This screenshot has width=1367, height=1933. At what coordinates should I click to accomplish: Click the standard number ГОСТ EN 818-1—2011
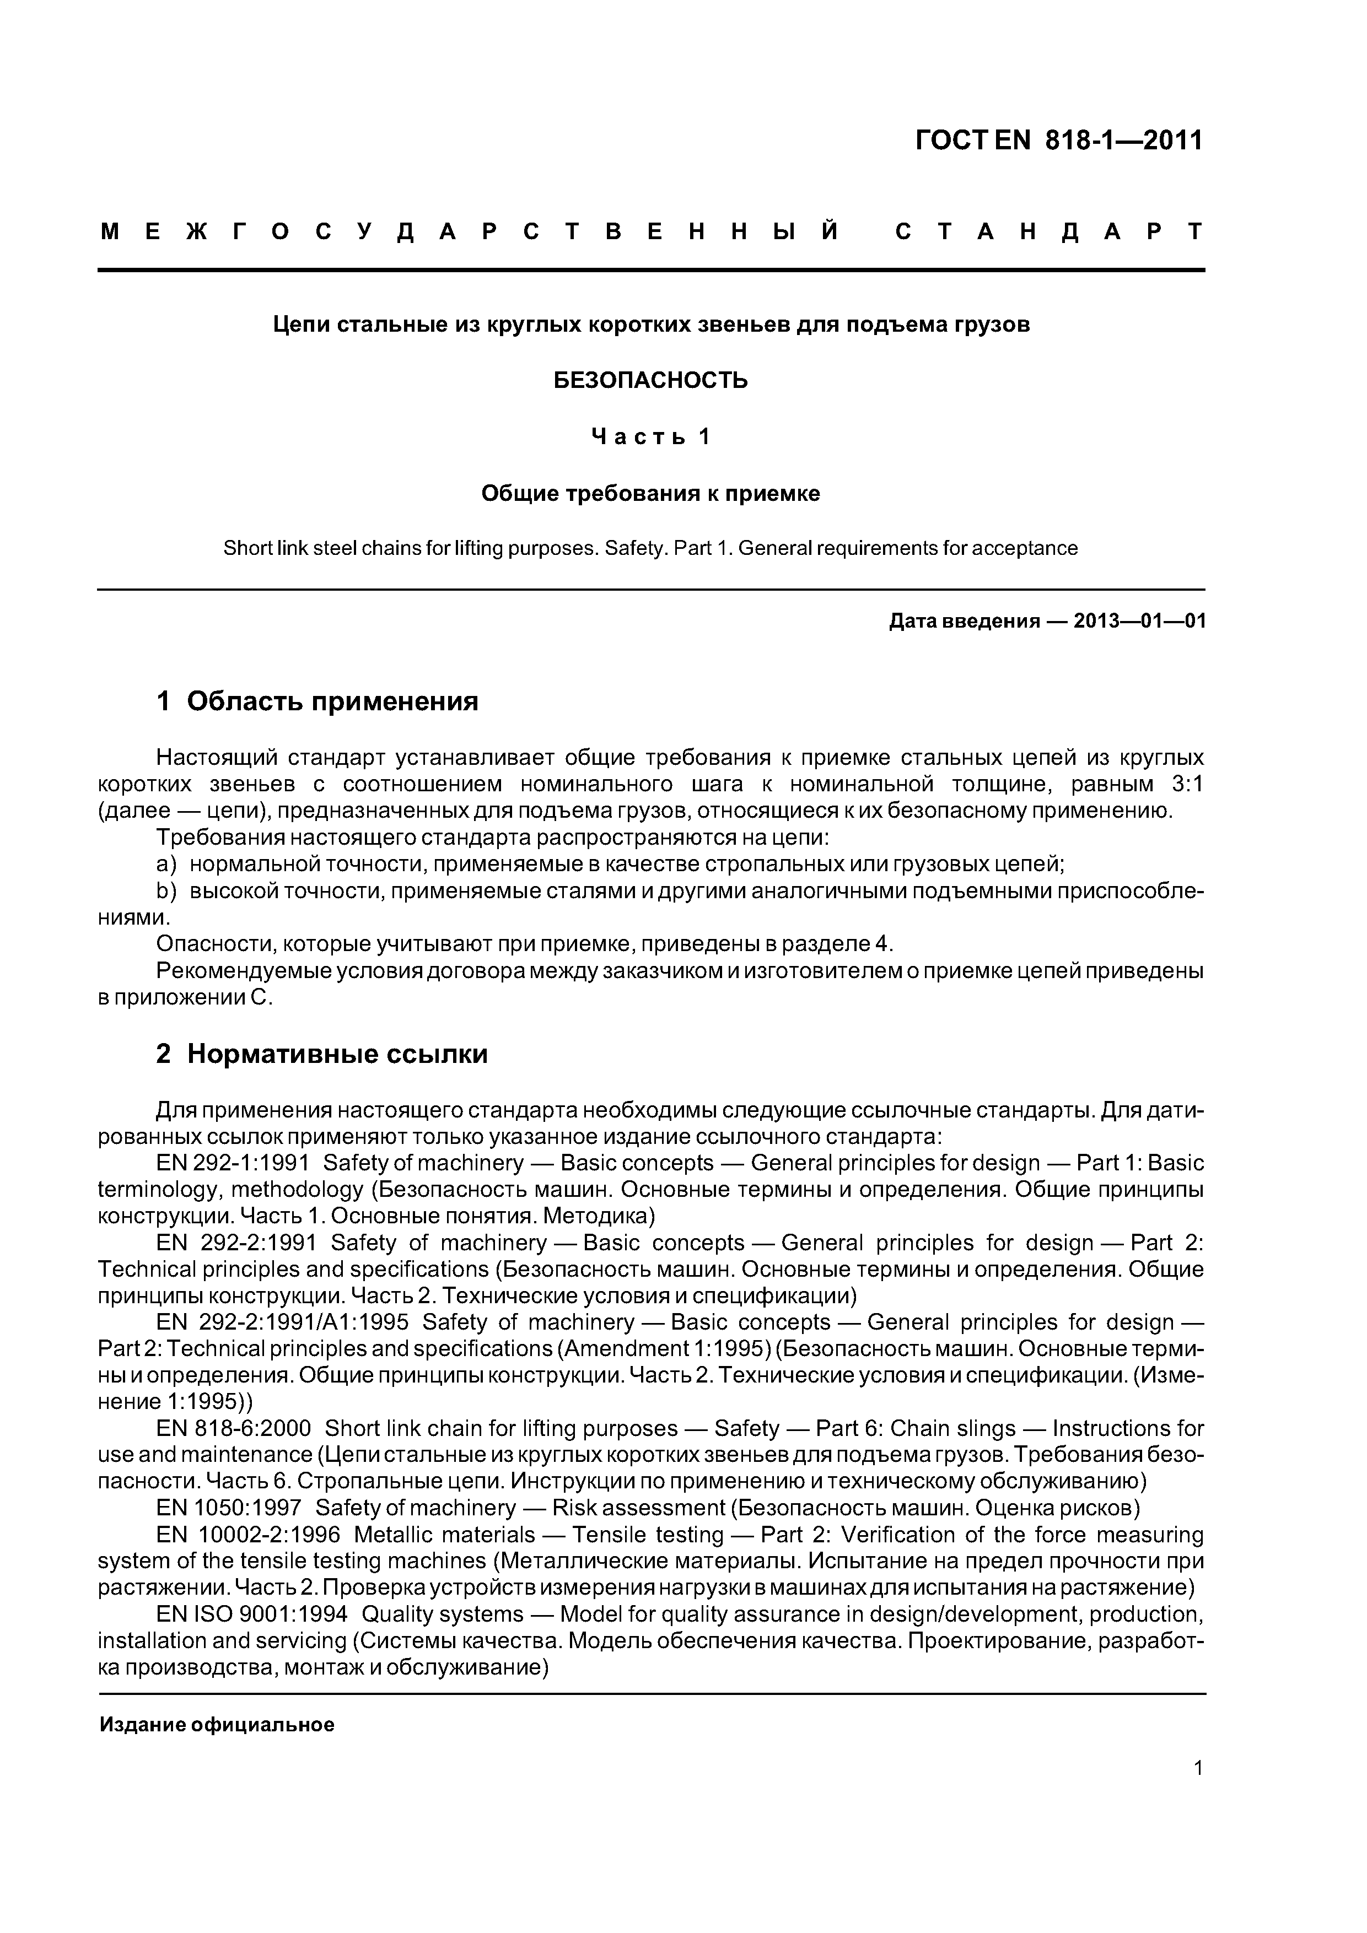1059,140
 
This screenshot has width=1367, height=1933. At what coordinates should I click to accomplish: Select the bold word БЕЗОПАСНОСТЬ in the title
650,381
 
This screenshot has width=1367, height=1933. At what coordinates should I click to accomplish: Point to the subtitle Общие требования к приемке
650,493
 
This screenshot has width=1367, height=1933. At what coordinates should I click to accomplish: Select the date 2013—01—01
1139,622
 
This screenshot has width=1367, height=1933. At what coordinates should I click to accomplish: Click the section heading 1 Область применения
317,700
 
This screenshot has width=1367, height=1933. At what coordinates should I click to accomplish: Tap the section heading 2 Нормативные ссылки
322,1053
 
